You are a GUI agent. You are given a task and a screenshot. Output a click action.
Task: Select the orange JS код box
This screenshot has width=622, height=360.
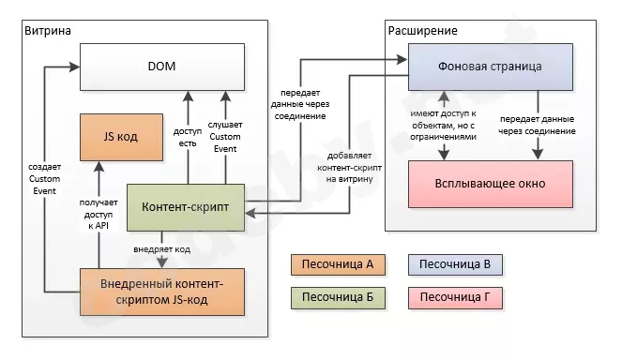(120, 136)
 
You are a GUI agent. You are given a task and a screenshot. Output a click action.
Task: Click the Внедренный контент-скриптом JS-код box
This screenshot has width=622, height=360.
(160, 292)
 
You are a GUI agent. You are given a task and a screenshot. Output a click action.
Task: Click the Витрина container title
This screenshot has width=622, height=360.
(47, 31)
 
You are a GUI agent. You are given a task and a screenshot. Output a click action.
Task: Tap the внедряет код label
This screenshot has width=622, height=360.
(163, 250)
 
